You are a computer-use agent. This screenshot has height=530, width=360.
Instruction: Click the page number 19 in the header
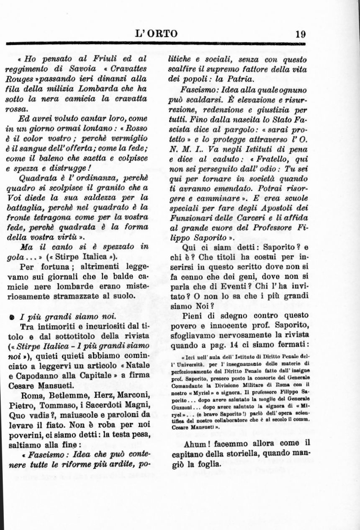300,34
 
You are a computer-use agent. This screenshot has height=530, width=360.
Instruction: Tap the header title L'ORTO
157,34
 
